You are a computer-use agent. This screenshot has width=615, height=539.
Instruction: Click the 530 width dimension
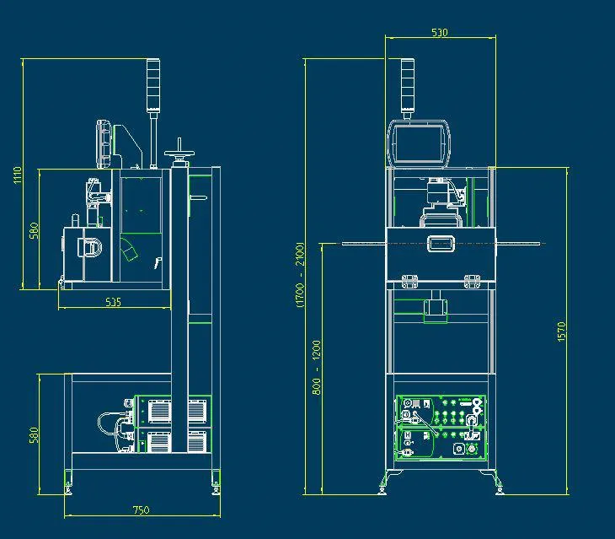[x=439, y=33]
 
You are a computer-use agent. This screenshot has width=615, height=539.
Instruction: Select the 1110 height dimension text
[x=17, y=175]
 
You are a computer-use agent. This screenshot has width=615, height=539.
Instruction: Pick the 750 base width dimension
[x=141, y=509]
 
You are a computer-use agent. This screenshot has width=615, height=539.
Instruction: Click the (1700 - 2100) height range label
[x=301, y=277]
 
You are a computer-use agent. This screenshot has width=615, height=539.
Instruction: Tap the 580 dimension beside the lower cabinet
[x=35, y=435]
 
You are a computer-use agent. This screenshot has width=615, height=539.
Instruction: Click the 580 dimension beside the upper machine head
[x=35, y=229]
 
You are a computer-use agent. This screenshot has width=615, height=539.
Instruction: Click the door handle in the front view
[x=441, y=244]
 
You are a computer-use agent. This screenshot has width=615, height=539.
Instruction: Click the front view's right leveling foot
[x=498, y=486]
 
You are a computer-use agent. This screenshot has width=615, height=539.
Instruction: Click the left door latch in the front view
[x=411, y=280]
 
